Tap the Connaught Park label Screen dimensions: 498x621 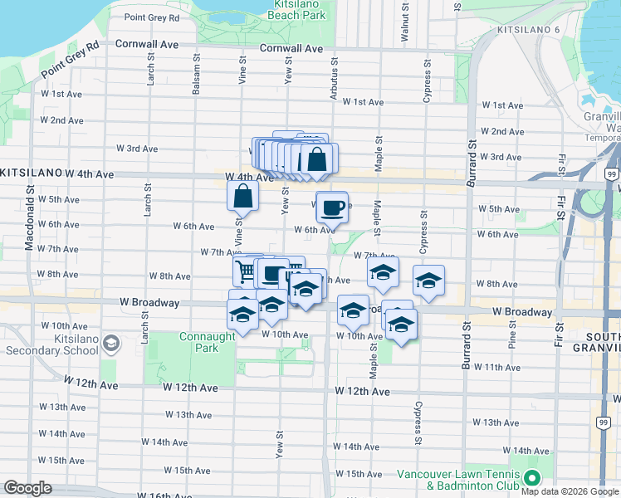[199, 343]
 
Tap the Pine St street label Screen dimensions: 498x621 [512, 340]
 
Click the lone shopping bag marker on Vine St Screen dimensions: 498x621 [242, 197]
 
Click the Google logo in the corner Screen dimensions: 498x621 [27, 488]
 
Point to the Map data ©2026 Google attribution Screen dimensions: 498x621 [569, 491]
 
